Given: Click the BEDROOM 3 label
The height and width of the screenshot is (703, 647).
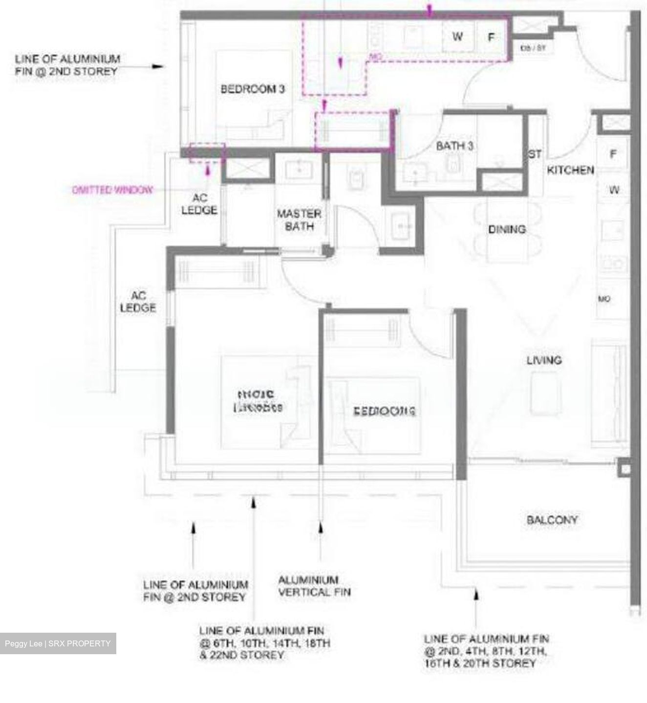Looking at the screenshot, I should (252, 89).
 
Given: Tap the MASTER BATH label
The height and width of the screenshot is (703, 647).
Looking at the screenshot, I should (299, 220).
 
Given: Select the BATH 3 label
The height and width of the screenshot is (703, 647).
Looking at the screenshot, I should (454, 146).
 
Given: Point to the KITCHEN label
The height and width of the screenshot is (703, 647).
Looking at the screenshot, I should (570, 170).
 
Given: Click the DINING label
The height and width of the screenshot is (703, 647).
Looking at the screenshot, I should (507, 229).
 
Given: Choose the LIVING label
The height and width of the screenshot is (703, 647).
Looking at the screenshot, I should (544, 360).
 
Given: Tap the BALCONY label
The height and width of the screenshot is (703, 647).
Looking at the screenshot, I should (552, 520).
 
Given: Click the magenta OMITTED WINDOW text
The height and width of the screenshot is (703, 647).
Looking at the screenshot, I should (112, 190).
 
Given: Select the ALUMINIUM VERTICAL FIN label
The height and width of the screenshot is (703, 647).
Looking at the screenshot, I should (314, 586).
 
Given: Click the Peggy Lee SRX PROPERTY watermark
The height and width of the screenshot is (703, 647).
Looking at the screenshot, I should (58, 643).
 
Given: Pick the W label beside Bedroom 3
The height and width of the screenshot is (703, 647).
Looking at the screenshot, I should (457, 36).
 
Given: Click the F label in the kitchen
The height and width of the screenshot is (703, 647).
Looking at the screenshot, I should (613, 154).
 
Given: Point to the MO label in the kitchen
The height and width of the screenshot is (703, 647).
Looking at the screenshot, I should (604, 299).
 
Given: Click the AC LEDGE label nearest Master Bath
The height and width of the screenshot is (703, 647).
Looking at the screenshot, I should (199, 204).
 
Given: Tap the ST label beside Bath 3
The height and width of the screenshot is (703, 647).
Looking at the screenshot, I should (535, 154).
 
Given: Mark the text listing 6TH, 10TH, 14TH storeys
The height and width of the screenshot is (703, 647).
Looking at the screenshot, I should (264, 643).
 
